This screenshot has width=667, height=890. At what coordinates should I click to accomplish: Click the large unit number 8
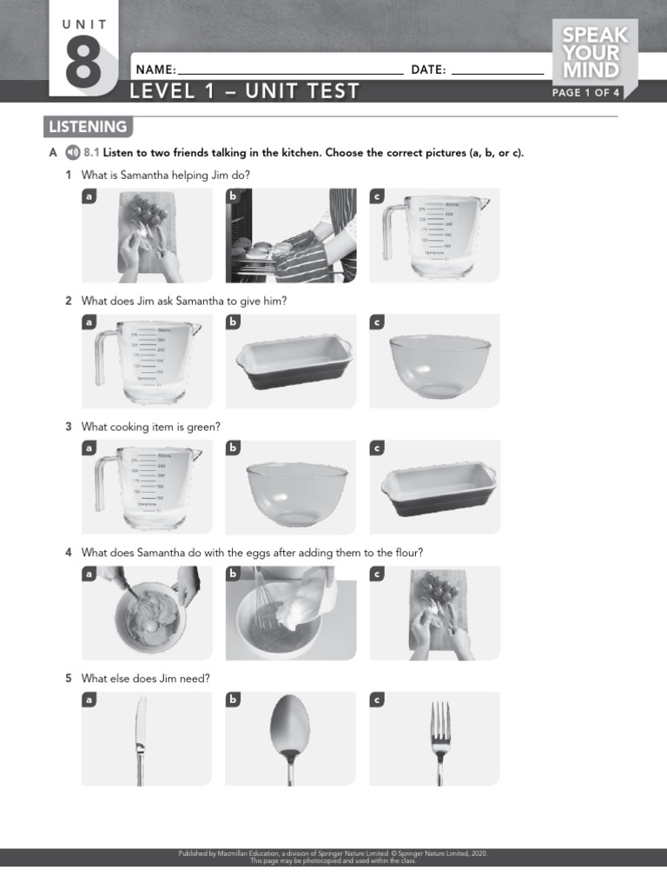click(x=83, y=63)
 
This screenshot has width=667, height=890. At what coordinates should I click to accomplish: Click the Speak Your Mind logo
click(x=595, y=54)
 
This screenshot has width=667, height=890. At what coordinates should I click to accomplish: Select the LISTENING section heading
click(x=87, y=127)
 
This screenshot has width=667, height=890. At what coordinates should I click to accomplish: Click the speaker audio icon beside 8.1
click(x=72, y=153)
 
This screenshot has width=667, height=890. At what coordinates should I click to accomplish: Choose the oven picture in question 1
click(x=291, y=236)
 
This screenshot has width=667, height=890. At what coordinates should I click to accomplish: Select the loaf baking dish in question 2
click(x=294, y=362)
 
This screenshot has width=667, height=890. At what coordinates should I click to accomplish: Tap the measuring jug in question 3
click(x=147, y=488)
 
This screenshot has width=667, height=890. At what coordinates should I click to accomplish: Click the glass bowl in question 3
click(x=296, y=491)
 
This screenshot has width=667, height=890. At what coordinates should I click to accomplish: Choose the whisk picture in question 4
click(x=291, y=613)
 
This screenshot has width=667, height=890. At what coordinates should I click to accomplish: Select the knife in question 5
click(x=139, y=739)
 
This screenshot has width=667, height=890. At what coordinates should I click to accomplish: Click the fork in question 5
click(x=440, y=739)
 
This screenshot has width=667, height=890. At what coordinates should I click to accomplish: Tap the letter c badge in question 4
click(x=377, y=575)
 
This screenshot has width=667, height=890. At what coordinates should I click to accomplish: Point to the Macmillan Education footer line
click(x=333, y=853)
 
